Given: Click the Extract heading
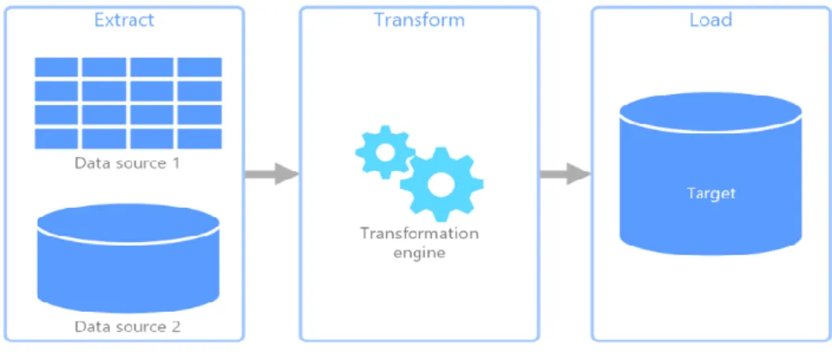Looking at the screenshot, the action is [124, 20].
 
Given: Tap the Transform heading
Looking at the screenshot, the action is [419, 20].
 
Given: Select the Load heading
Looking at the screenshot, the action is [711, 20].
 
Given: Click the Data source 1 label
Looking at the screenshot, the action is [128, 162].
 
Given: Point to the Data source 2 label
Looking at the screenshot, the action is [128, 326].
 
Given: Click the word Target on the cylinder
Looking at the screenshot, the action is [711, 193].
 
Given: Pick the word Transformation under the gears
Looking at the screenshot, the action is [419, 233].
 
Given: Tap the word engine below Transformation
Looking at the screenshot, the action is [419, 253].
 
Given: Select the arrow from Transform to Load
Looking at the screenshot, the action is [565, 173].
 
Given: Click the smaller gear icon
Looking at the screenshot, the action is [384, 153].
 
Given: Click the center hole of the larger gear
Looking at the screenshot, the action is [441, 185].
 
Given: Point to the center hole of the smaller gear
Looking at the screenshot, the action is [384, 153].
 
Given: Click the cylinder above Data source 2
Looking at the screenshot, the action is [128, 258].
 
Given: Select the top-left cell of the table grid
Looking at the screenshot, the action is [56, 67].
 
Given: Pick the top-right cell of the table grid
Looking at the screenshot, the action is [199, 67].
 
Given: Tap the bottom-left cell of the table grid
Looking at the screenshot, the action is [56, 139].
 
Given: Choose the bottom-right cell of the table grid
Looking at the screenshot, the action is [199, 139].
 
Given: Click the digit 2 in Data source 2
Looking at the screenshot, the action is [175, 326].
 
